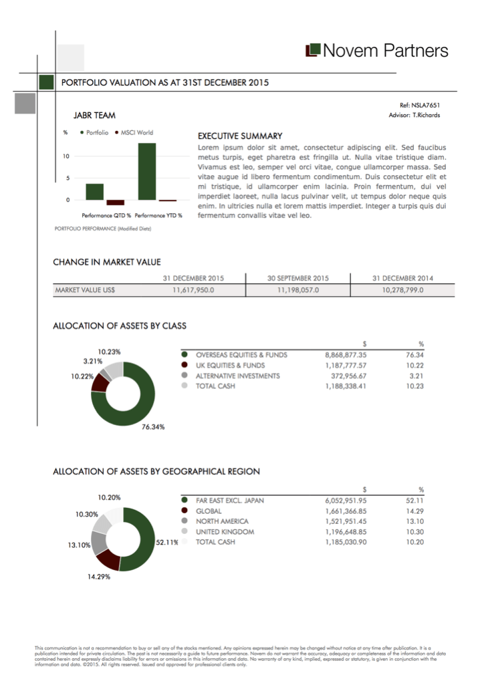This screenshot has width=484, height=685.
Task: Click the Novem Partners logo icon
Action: point(312,51)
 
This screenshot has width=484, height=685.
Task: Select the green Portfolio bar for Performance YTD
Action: point(147,172)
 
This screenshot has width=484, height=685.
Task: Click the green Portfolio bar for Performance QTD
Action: point(95,192)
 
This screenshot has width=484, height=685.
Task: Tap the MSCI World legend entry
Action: point(136,132)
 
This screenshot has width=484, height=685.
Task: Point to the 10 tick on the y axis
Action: point(66,156)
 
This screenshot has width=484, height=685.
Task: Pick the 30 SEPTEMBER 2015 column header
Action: point(298,278)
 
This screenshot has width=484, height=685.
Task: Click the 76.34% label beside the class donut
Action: point(153,426)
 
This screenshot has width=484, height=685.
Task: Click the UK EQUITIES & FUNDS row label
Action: point(230,366)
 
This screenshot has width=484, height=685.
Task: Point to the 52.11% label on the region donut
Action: point(166,542)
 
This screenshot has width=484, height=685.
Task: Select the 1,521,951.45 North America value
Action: point(346,521)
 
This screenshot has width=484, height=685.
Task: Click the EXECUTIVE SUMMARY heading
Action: point(240,136)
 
